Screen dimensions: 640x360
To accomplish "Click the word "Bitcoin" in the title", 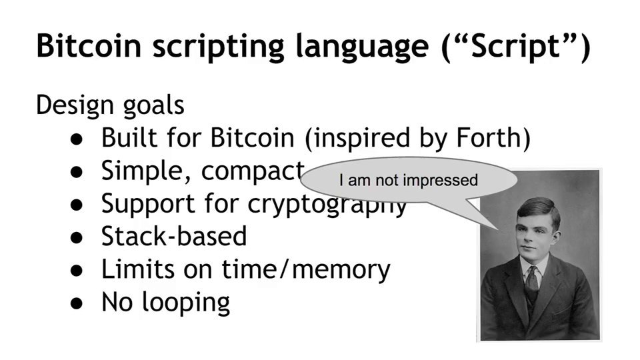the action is tap(89, 46).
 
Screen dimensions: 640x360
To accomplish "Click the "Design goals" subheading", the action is tap(110, 106).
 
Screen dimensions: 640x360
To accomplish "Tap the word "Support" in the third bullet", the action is tap(148, 204).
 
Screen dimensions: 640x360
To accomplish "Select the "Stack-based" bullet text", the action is tap(174, 236).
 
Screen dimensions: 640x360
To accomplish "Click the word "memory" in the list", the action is tap(341, 270).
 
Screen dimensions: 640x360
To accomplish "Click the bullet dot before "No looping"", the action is tap(76, 304).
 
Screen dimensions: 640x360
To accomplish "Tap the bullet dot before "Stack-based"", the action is tap(76, 237).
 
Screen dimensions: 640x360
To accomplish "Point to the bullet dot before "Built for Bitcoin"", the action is tap(76, 139).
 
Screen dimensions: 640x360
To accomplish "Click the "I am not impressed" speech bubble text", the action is tap(408, 181).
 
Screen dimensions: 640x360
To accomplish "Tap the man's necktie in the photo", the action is tap(531, 281).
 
